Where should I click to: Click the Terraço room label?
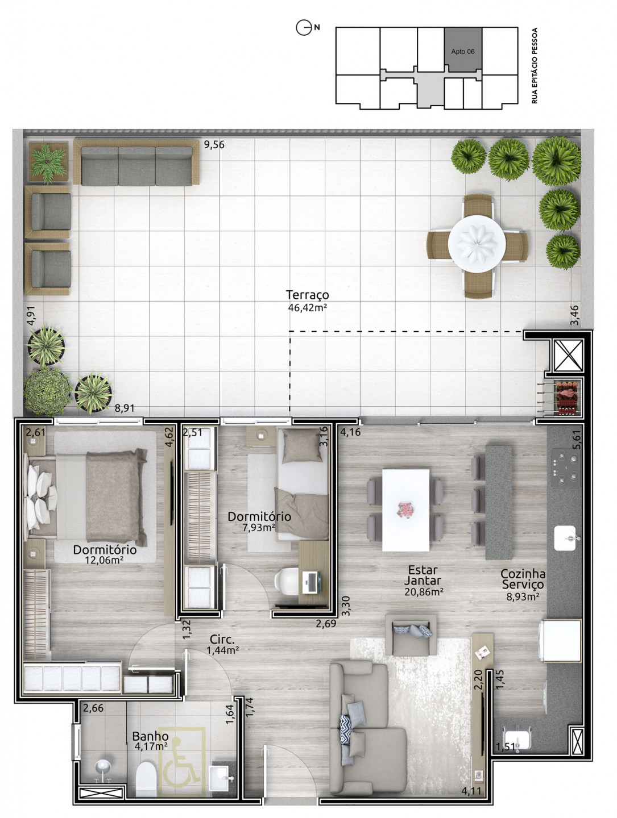307,294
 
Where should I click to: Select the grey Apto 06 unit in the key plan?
462,49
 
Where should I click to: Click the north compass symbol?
304,28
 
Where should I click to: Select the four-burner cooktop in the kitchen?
565,468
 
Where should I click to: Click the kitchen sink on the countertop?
565,538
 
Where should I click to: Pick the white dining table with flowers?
405,510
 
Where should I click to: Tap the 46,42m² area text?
307,308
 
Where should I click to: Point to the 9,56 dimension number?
214,145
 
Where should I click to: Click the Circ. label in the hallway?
222,640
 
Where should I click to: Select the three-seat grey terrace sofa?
136,162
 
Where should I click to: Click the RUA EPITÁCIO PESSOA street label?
535,65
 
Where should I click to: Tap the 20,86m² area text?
424,591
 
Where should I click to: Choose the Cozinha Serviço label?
522,579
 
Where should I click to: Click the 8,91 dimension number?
124,408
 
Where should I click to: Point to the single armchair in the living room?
411,635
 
